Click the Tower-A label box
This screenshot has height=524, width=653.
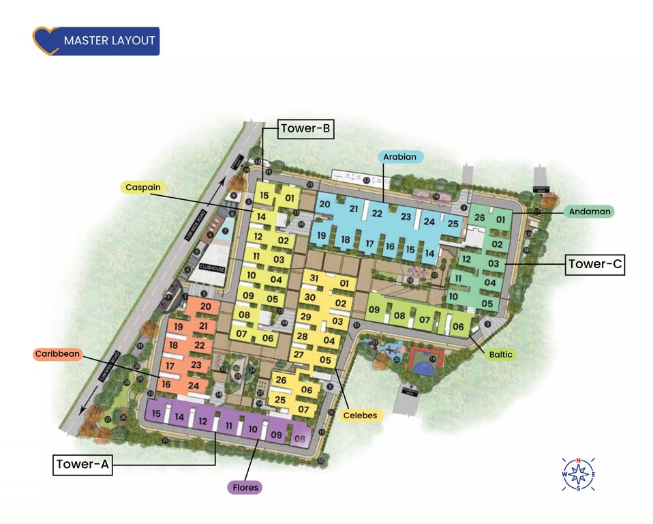point(83,465)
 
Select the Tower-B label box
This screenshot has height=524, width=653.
point(306,129)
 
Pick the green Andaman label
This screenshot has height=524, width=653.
point(588,212)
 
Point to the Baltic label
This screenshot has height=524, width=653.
point(501,355)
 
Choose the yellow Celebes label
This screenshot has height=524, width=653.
point(359,414)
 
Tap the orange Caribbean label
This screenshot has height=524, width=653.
point(58,354)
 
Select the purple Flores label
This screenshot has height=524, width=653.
point(245,487)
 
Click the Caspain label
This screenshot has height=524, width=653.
point(145,186)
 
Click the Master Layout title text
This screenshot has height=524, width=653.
point(109,41)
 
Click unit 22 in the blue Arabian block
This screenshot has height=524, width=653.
point(377,213)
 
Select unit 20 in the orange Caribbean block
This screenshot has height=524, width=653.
point(205,306)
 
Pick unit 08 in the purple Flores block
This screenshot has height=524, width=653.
point(300,439)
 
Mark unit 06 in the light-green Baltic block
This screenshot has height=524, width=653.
point(457,327)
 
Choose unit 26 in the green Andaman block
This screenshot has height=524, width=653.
point(479,218)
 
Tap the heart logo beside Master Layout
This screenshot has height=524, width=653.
point(45,41)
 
